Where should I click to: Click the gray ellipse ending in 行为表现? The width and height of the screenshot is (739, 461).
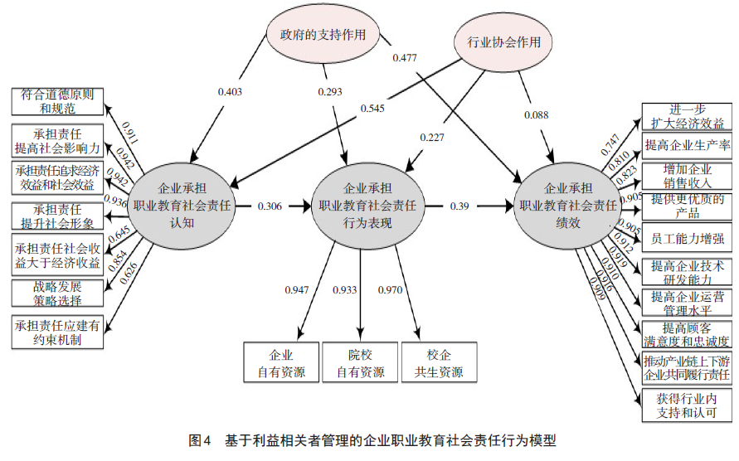(367, 203)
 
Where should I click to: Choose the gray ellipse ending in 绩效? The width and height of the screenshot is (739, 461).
(567, 203)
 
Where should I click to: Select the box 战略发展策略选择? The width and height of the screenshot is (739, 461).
(58, 292)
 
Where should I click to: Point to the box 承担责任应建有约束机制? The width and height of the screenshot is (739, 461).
(58, 332)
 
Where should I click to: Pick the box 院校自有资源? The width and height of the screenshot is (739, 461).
(360, 362)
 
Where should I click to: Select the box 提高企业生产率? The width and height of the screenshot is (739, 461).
(688, 145)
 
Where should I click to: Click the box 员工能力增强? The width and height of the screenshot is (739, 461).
(688, 237)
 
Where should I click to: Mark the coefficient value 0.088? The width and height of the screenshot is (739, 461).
(535, 114)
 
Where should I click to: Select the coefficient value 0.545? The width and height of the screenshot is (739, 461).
(372, 108)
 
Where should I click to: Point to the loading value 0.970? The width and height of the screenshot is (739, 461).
(391, 289)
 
